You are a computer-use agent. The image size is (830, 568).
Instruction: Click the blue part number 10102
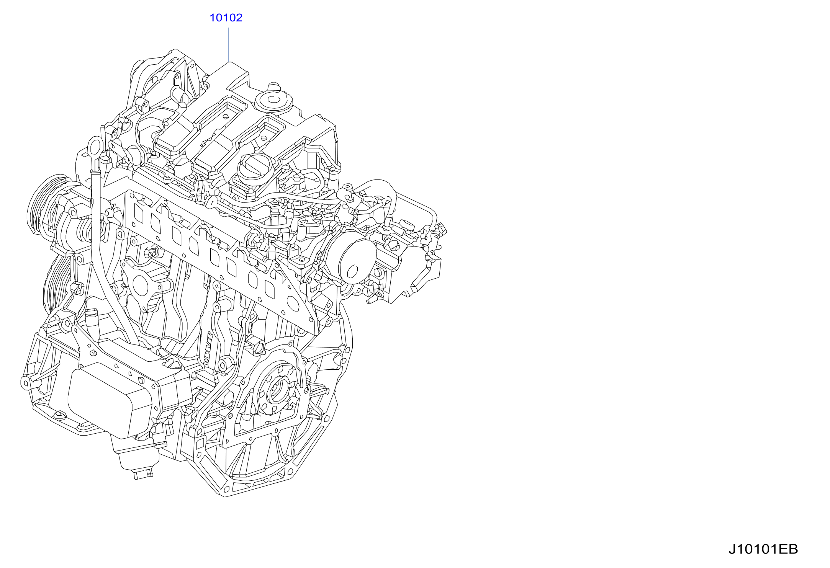226,18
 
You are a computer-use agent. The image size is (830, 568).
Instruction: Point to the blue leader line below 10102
229,44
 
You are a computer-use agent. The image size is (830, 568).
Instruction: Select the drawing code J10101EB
763,549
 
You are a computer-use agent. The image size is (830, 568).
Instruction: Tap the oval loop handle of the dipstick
95,147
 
